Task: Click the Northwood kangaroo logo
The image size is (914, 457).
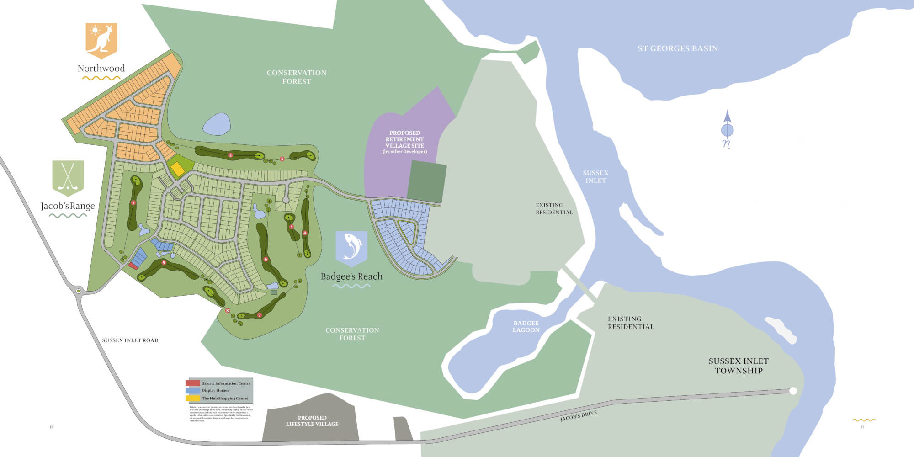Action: tap(101, 40)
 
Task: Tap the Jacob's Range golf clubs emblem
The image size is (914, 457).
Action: tap(68, 177)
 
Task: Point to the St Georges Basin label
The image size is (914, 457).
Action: tap(678, 48)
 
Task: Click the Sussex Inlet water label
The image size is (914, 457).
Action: tap(595, 177)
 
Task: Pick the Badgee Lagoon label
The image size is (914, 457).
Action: tap(526, 326)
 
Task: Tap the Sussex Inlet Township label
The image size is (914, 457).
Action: tap(739, 366)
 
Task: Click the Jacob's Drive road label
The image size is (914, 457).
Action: tap(579, 416)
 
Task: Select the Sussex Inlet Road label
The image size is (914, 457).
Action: tap(130, 340)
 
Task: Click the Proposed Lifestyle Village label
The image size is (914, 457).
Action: tap(312, 421)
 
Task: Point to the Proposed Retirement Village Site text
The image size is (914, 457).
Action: tap(404, 142)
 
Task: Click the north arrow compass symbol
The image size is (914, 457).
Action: tap(727, 129)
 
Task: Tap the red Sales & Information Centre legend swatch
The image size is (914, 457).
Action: tap(192, 383)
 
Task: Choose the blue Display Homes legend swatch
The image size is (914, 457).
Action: tap(192, 390)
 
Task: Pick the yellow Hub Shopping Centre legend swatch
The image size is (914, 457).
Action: tap(192, 398)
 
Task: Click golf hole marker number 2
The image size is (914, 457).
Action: tap(230, 155)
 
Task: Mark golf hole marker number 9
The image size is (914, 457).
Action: tap(164, 262)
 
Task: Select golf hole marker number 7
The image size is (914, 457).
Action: tap(259, 315)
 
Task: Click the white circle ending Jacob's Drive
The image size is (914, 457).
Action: tap(793, 391)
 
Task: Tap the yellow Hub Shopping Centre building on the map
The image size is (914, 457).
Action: tap(177, 169)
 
